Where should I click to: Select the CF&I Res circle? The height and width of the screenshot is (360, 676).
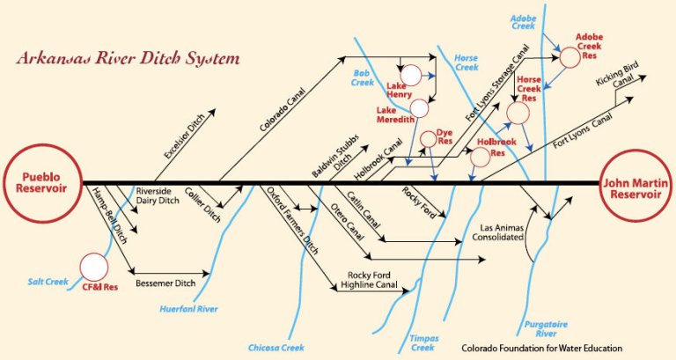pyautogui.click(x=93, y=266)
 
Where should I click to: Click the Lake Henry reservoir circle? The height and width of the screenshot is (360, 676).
pyautogui.click(x=411, y=77)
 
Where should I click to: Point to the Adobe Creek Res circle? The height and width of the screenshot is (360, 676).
pyautogui.click(x=569, y=57)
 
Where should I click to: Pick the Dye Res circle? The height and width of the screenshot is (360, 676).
pyautogui.click(x=429, y=138)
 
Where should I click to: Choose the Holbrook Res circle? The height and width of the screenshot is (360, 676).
pyautogui.click(x=480, y=158)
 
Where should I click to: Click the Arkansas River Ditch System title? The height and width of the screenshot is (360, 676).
pyautogui.click(x=128, y=61)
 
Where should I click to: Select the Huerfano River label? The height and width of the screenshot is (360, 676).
pyautogui.click(x=188, y=309)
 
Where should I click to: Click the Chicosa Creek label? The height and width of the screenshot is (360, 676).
pyautogui.click(x=276, y=348)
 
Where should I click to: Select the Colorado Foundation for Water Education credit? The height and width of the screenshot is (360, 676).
pyautogui.click(x=542, y=348)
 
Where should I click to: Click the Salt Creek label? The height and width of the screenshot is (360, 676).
pyautogui.click(x=47, y=282)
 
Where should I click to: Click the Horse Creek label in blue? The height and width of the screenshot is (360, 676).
pyautogui.click(x=466, y=62)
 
